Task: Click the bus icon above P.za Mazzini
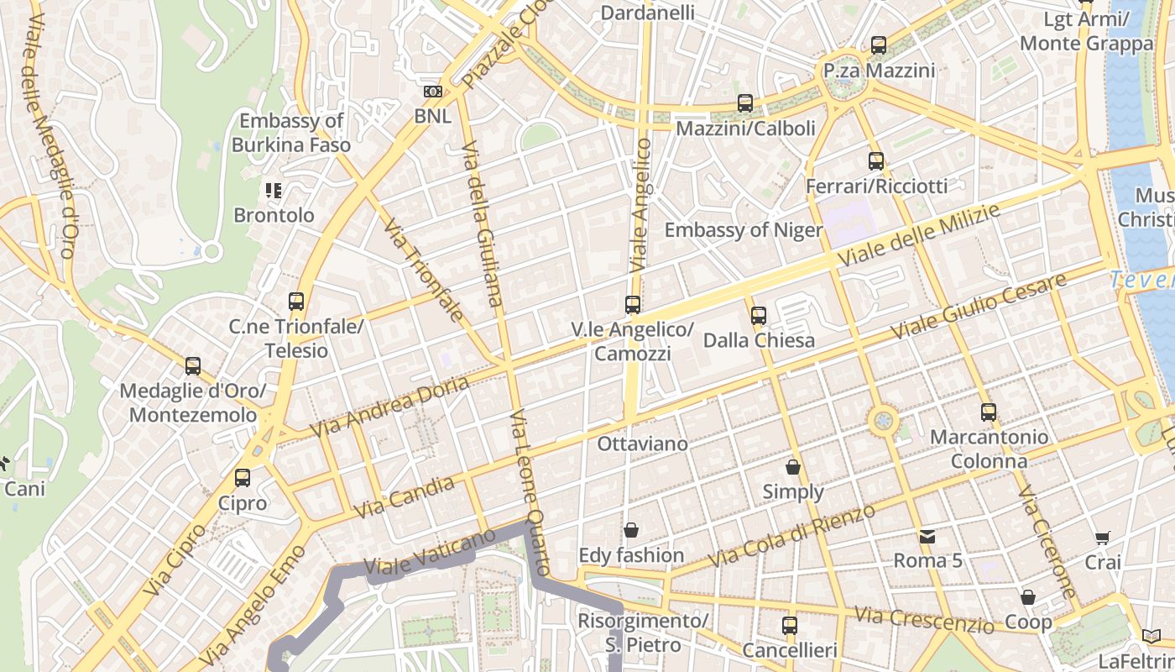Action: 879,45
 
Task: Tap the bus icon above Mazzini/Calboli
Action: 745,103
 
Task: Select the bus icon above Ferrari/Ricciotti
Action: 876,160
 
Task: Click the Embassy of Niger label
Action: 743,230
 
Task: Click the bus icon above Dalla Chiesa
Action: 759,316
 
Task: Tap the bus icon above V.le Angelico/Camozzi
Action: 633,305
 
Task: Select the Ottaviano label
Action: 642,444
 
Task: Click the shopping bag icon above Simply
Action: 793,467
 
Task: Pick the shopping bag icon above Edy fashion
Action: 631,530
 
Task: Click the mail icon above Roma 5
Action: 927,536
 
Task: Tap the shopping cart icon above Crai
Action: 1103,538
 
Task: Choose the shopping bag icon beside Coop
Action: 1028,597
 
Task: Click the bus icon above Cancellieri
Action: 790,625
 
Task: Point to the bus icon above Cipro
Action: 243,478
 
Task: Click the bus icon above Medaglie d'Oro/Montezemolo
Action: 193,366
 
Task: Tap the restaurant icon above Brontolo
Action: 274,191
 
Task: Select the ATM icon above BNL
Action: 433,91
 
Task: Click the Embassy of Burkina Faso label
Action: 291,133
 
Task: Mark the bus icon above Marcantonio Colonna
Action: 989,412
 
